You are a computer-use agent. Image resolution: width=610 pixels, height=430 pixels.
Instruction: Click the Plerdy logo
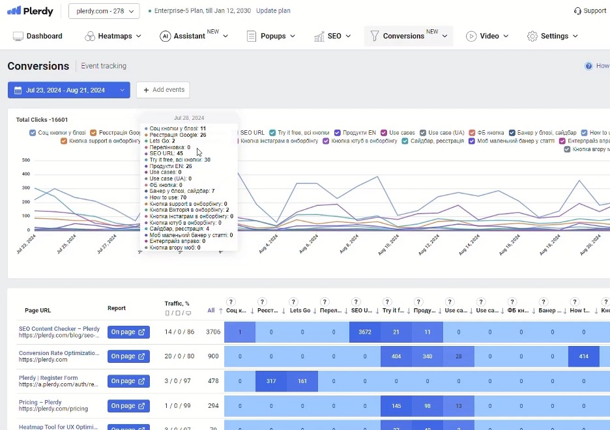(30, 11)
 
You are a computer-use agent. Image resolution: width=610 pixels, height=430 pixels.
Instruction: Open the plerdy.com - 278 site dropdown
(104, 11)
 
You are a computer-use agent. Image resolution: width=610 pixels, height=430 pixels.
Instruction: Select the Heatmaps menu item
(113, 36)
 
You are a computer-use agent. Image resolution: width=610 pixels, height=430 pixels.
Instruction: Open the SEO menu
(332, 36)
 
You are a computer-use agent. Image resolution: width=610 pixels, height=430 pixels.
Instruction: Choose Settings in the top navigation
(553, 36)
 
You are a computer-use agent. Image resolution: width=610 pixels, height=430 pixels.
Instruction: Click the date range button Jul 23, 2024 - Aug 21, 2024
(68, 90)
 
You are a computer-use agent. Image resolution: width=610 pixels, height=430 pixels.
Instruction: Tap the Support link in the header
(590, 11)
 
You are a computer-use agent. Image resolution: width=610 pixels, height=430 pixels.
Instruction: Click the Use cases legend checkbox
(385, 133)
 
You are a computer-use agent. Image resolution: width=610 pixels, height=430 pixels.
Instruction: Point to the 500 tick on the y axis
(26, 160)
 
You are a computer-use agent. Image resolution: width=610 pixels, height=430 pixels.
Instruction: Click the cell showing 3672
(365, 332)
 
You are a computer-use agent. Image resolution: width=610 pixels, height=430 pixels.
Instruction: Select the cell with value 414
(583, 356)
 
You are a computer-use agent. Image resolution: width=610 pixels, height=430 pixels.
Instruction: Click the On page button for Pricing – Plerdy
(128, 406)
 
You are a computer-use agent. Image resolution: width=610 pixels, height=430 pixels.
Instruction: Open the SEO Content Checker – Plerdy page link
(59, 329)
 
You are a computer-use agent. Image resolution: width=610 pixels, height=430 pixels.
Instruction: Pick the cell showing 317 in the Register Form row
(271, 381)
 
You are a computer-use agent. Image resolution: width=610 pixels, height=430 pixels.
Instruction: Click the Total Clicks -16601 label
(42, 120)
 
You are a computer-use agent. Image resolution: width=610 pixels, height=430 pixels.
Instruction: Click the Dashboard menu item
(38, 36)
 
